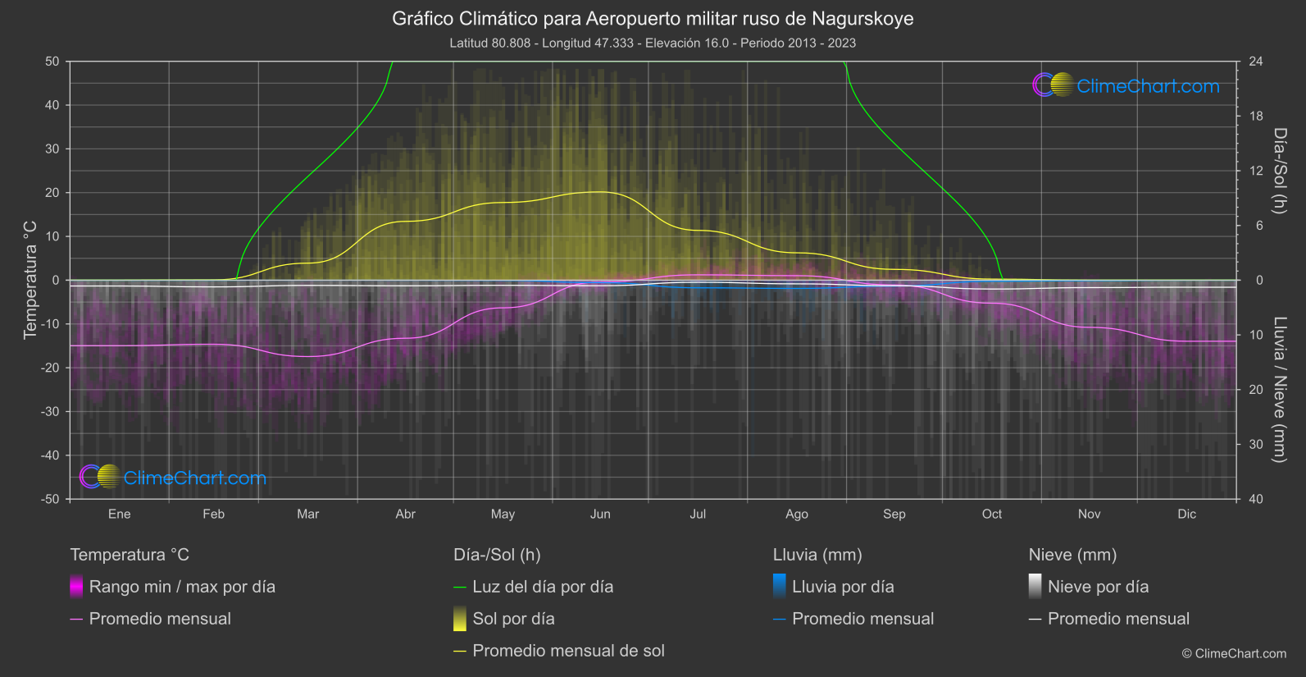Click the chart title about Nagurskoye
tap(653, 19)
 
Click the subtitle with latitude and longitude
tap(653, 43)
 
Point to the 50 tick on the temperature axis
tap(52, 62)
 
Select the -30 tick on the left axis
tap(50, 412)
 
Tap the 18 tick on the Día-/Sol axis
tap(1256, 117)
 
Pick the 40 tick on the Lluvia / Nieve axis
tap(1256, 499)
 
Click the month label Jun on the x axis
tap(600, 515)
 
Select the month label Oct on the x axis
tap(992, 515)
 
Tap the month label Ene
tap(120, 515)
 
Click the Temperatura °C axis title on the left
tap(30, 280)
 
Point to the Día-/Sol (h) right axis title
tap(1280, 171)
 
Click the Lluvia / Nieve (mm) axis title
tap(1280, 390)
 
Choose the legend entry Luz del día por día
tap(543, 587)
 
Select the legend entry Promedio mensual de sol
tap(568, 651)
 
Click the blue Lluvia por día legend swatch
tap(780, 587)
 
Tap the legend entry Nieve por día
tap(1098, 587)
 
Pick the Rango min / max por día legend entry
tap(182, 587)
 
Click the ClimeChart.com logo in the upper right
tap(1126, 85)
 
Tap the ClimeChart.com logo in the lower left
tap(173, 478)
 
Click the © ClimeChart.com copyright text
tap(1234, 654)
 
